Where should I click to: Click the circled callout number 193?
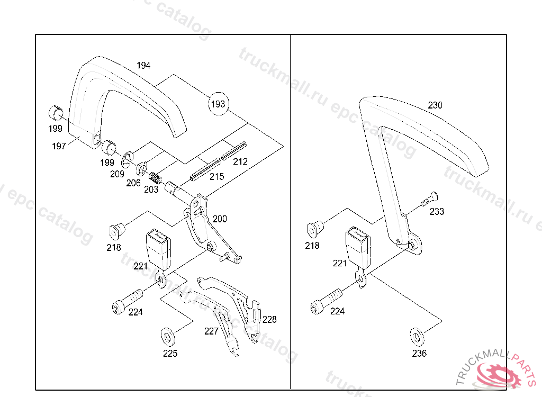(x=218, y=103)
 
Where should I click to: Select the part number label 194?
(x=143, y=66)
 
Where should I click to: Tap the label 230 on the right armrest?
(x=435, y=105)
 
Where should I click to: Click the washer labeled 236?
(x=417, y=336)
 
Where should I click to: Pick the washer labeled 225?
(x=168, y=336)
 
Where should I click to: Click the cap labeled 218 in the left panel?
(x=117, y=230)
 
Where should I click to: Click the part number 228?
(x=269, y=319)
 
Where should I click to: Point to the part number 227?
(x=211, y=331)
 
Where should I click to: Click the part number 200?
(x=220, y=219)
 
